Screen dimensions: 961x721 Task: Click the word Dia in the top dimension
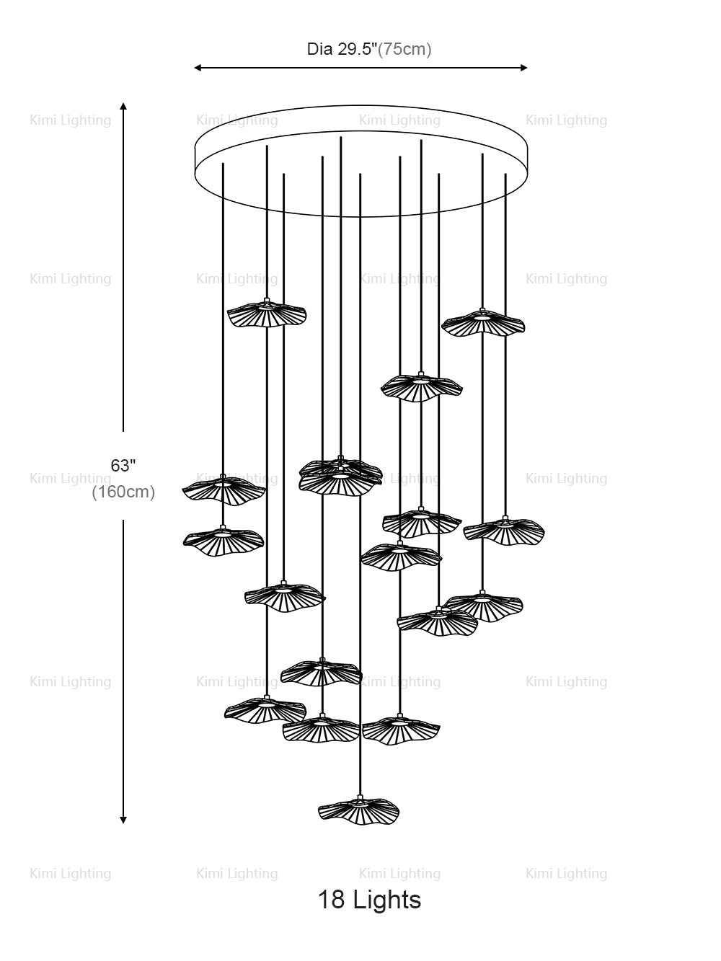point(320,50)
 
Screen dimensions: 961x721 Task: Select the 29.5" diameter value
point(358,50)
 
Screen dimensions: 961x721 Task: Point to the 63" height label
point(123,466)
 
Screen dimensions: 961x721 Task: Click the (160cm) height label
point(123,492)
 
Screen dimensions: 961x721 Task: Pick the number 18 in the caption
point(331,900)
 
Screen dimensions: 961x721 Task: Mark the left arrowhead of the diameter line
point(198,68)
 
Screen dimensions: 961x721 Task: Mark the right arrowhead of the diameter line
point(524,68)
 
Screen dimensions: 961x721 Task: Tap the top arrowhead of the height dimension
point(123,106)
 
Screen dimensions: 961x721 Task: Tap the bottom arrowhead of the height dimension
point(123,819)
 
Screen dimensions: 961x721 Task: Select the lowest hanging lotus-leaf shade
point(358,810)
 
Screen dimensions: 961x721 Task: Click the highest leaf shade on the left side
point(267,314)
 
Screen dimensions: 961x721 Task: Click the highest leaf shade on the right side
point(483,323)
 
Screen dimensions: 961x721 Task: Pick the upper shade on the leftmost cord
point(224,490)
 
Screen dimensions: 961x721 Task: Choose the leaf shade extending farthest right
point(504,531)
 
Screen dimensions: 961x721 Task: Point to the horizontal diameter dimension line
point(360,68)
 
